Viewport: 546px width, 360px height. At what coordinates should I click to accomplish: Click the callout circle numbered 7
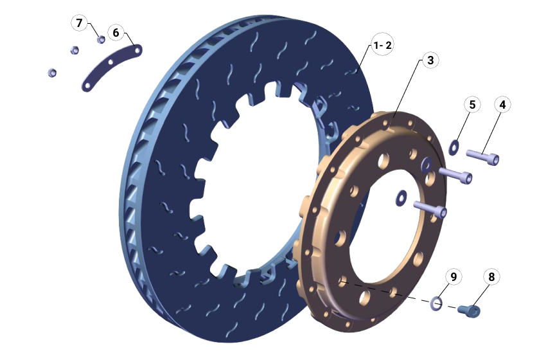pyautogui.click(x=79, y=24)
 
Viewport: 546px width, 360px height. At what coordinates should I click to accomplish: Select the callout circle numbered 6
pyautogui.click(x=116, y=32)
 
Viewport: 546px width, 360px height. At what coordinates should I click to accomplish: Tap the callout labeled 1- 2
pyautogui.click(x=383, y=46)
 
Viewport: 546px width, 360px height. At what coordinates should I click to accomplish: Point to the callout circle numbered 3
pyautogui.click(x=430, y=60)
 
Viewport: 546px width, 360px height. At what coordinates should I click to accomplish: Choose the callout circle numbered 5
pyautogui.click(x=472, y=104)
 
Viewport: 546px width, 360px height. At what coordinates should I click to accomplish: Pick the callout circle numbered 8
pyautogui.click(x=491, y=277)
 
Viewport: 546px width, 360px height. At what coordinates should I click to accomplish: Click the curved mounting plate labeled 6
pyautogui.click(x=112, y=67)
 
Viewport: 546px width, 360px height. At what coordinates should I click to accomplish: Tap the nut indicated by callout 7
pyautogui.click(x=101, y=40)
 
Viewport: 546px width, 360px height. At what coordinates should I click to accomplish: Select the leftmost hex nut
pyautogui.click(x=51, y=72)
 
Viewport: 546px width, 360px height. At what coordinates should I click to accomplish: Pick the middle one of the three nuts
pyautogui.click(x=75, y=50)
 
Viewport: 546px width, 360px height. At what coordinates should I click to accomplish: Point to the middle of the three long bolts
pyautogui.click(x=456, y=174)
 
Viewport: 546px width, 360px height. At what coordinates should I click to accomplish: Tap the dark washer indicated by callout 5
pyautogui.click(x=454, y=146)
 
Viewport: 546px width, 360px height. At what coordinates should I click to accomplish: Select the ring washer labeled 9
pyautogui.click(x=437, y=302)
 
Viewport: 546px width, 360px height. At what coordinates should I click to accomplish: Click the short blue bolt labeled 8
pyautogui.click(x=469, y=311)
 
